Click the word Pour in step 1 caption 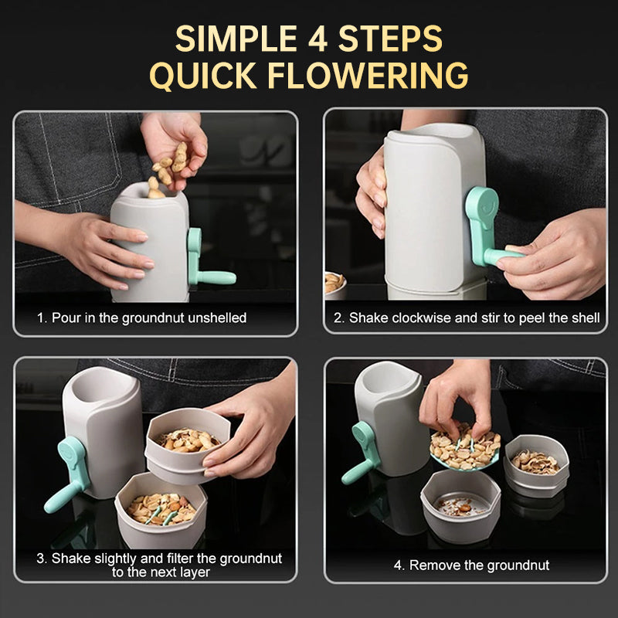pos(66,318)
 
